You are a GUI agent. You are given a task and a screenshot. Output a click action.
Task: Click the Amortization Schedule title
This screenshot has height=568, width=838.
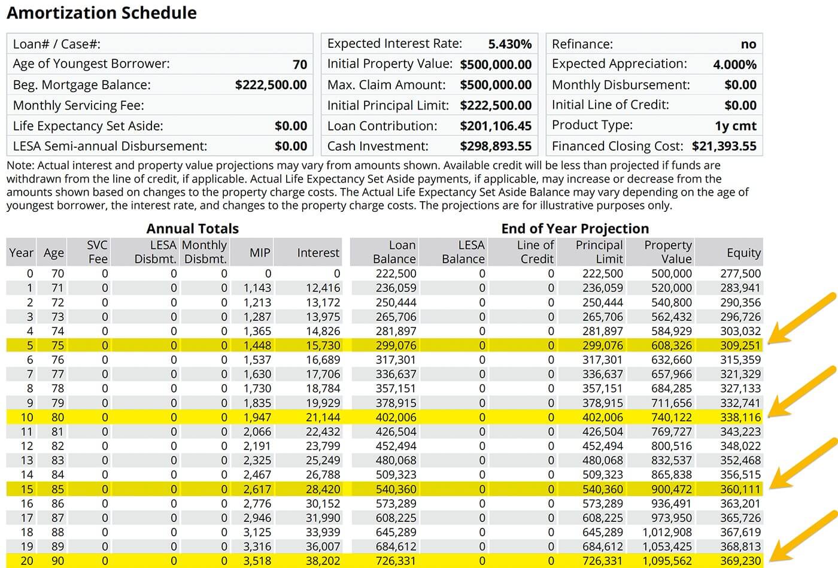click(102, 13)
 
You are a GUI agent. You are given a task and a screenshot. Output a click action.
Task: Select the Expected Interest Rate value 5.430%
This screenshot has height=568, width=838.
click(509, 44)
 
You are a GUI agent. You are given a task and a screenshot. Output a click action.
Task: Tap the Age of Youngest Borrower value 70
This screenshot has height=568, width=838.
click(299, 65)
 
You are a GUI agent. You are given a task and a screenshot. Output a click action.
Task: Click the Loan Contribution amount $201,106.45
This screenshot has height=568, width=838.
click(496, 126)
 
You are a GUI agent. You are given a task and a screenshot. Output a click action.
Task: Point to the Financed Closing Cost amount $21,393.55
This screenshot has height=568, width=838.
click(724, 147)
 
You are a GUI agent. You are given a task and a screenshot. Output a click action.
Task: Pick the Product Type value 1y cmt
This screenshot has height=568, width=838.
click(735, 126)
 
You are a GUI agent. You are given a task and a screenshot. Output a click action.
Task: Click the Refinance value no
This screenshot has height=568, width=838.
click(748, 44)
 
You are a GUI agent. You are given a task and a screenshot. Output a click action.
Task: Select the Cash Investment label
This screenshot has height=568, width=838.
click(378, 147)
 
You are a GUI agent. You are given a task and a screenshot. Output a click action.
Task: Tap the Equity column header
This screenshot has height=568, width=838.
click(743, 253)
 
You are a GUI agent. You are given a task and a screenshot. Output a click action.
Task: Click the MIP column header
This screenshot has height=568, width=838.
click(260, 253)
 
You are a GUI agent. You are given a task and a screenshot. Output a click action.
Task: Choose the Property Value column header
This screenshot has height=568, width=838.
click(668, 252)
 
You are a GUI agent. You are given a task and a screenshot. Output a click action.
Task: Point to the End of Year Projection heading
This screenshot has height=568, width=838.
click(575, 229)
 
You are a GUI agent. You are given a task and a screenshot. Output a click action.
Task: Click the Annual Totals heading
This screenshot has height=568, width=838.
click(192, 229)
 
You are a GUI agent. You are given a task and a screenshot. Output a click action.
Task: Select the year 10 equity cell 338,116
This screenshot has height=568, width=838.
click(740, 418)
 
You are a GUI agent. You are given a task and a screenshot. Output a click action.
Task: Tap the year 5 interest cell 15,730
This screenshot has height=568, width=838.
click(323, 346)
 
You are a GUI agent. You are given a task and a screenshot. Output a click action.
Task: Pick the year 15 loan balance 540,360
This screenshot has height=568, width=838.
click(396, 490)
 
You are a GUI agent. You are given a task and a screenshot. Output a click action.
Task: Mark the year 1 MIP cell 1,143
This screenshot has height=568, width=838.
click(257, 288)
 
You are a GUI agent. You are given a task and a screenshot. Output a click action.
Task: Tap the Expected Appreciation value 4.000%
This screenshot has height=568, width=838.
click(734, 65)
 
